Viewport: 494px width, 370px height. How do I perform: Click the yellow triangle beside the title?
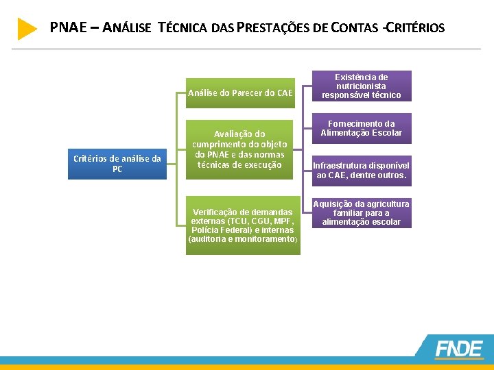coord(27,29)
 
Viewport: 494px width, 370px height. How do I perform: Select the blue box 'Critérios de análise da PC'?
coord(117,164)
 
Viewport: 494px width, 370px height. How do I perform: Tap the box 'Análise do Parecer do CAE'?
coord(240,92)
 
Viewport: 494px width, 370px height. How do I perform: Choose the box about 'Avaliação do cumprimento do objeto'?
coord(239,149)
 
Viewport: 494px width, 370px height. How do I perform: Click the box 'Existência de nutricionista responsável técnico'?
coord(361,86)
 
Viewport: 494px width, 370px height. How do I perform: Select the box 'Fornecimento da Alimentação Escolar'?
coord(361,128)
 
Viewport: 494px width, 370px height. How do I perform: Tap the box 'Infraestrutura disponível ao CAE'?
coord(361,171)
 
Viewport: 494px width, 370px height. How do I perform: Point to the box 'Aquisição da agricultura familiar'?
coord(361,213)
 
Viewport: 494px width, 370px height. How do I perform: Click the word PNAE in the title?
coord(67,28)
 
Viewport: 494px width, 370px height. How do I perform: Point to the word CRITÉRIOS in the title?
coord(416,28)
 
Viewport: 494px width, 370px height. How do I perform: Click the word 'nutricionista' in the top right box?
coord(361,86)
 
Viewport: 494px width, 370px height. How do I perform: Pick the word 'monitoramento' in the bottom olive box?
coord(265,240)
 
